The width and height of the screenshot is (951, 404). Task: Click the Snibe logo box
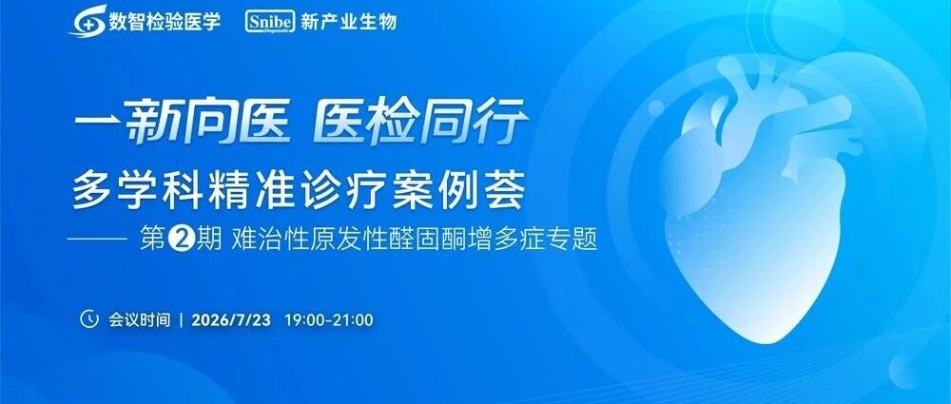270,23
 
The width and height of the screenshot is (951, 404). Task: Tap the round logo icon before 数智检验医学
87,21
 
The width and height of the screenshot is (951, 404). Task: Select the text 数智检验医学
165,22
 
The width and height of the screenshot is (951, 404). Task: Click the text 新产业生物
349,22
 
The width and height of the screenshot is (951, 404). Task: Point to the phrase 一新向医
182,124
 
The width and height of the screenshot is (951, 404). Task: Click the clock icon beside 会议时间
89,319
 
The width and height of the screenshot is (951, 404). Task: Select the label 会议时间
140,319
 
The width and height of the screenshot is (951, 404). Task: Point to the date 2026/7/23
231,319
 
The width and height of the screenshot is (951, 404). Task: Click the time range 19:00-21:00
329,319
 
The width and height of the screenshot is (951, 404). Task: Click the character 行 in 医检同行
500,124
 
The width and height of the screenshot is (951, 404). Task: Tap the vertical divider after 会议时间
182,319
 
